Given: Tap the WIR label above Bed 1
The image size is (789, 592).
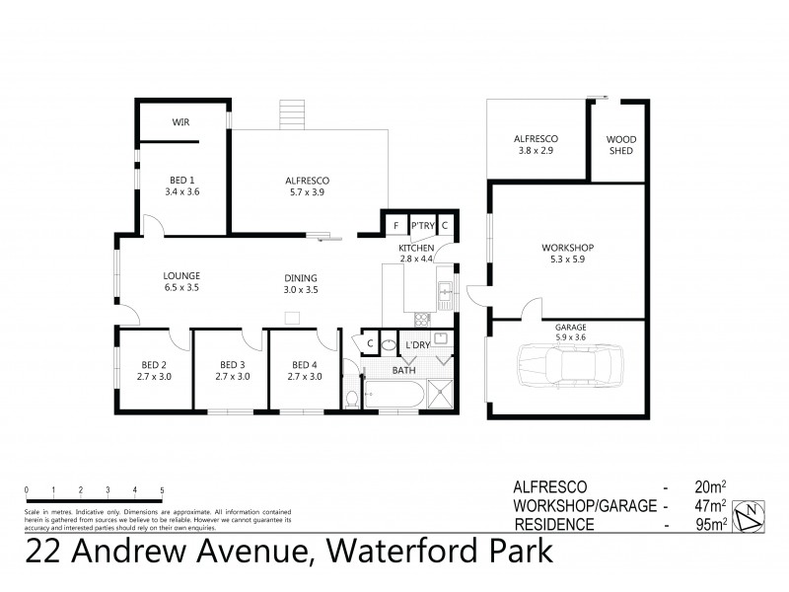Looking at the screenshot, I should pos(180,122).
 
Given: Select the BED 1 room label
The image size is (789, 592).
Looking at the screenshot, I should pos(180,180).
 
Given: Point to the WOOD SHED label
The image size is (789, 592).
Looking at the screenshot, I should pos(620,145).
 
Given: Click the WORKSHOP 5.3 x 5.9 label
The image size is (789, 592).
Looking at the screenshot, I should pos(567,254).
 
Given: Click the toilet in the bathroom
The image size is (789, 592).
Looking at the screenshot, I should pos(352,397).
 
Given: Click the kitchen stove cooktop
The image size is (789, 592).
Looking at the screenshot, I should pos(423,318).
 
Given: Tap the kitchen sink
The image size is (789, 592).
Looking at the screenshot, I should pos(445,291).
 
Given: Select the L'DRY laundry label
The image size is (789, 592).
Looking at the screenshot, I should pos(418,345).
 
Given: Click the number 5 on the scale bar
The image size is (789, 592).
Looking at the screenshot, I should pos(162,490).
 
